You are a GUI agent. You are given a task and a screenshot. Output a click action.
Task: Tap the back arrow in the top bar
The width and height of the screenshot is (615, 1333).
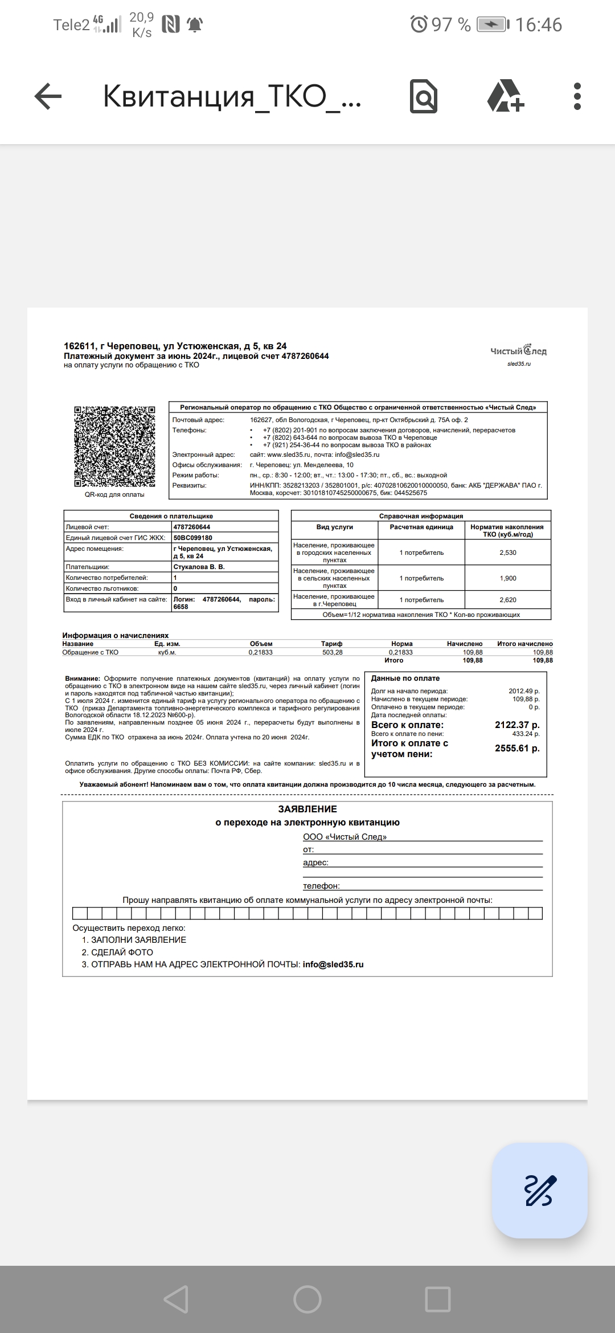pos(48,96)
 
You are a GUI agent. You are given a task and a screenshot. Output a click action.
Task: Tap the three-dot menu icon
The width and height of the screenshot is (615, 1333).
pos(577,96)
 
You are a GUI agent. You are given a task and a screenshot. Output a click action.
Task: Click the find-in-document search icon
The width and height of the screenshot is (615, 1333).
pos(424,96)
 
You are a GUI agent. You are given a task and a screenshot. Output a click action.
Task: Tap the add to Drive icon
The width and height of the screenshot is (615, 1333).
pos(505,96)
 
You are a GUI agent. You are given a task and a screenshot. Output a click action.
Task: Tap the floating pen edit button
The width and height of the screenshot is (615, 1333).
pos(539,1190)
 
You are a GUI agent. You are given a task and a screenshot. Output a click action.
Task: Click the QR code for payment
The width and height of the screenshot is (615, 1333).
pos(114,447)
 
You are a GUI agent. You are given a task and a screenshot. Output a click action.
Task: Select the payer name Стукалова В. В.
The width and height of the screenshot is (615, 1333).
pos(199,567)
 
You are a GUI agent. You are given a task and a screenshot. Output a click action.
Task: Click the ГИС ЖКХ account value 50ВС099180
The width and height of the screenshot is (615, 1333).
pos(192,538)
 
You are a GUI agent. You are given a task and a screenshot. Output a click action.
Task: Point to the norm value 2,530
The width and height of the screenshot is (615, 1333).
pos(507,553)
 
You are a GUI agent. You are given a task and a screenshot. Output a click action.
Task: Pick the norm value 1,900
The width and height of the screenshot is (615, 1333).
pos(507,578)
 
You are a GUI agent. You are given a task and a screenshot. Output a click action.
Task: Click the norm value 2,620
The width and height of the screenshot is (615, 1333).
pos(507,600)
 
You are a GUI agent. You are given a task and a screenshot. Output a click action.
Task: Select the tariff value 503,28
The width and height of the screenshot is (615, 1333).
pos(332,652)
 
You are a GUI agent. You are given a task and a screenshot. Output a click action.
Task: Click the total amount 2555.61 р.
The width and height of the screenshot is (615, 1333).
pos(517,749)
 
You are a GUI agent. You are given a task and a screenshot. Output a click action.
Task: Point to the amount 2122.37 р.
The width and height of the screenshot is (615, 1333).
pos(517,725)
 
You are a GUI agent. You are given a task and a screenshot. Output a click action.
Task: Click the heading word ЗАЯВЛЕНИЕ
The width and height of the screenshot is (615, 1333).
pos(307,809)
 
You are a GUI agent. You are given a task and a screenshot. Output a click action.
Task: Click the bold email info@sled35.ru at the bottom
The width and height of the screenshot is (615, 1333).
pos(333,964)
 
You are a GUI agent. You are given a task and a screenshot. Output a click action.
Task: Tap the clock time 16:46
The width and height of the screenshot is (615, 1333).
pos(539,24)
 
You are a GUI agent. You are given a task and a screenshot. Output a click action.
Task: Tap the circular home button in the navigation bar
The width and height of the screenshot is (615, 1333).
pos(307,1299)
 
